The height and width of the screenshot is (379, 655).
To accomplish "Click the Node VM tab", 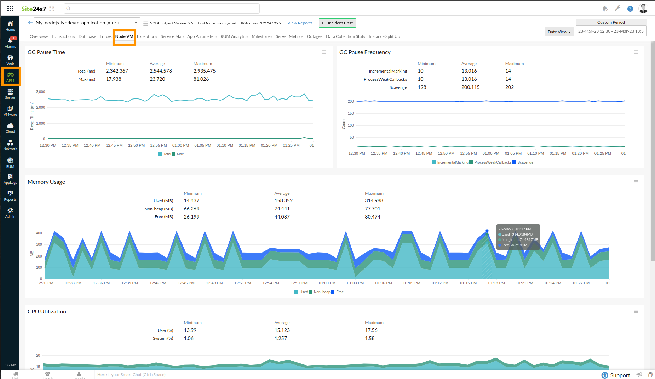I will tap(124, 36).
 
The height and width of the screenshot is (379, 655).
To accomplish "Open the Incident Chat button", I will tap(337, 23).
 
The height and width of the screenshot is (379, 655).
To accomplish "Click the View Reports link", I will tap(300, 23).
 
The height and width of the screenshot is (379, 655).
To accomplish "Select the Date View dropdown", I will tap(559, 32).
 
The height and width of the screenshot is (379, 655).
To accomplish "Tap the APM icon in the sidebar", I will tap(10, 76).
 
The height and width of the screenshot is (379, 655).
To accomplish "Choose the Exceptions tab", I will tap(147, 36).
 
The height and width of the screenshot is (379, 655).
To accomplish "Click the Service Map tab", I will tap(172, 36).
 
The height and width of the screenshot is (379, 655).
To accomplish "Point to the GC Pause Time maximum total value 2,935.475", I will tap(204, 71).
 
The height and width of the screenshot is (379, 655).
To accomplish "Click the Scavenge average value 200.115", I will tap(470, 87).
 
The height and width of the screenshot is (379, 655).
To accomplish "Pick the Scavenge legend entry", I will tap(525, 162).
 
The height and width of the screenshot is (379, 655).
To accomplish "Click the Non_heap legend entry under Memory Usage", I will tap(321, 292).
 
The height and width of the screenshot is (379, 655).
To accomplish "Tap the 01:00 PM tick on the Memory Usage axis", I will tap(327, 283).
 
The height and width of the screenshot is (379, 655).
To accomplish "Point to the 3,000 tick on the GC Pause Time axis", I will tap(40, 92).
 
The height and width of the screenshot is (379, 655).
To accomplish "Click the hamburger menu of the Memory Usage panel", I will tap(636, 182).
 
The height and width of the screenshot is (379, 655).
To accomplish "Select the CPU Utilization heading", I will tap(47, 311).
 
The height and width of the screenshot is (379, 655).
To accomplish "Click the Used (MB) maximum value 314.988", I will tap(374, 200).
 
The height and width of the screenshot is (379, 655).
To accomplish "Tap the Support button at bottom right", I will tap(616, 375).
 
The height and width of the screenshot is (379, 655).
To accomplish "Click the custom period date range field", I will tap(611, 31).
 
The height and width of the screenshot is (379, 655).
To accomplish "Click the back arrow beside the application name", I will tap(30, 22).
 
